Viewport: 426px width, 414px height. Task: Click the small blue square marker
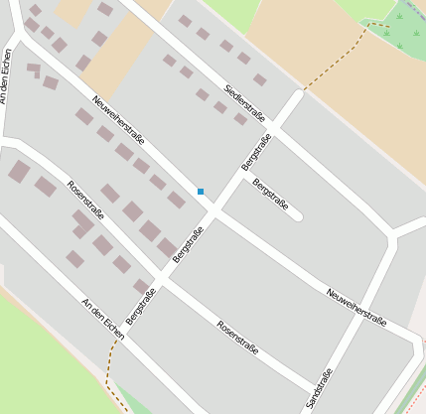pyautogui.click(x=201, y=191)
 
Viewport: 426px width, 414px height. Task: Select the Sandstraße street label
pyautogui.click(x=320, y=387)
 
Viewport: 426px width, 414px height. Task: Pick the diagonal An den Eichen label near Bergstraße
pyautogui.click(x=102, y=318)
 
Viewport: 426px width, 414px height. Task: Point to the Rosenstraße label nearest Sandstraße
pyautogui.click(x=237, y=337)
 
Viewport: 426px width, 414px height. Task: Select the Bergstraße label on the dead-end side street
pyautogui.click(x=270, y=195)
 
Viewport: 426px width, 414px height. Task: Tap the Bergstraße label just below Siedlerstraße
pyautogui.click(x=256, y=149)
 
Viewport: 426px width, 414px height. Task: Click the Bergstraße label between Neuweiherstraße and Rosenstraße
pyautogui.click(x=188, y=244)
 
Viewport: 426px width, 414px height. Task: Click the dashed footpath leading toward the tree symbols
pyautogui.click(x=343, y=55)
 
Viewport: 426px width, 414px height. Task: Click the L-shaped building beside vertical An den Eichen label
pyautogui.click(x=35, y=69)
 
